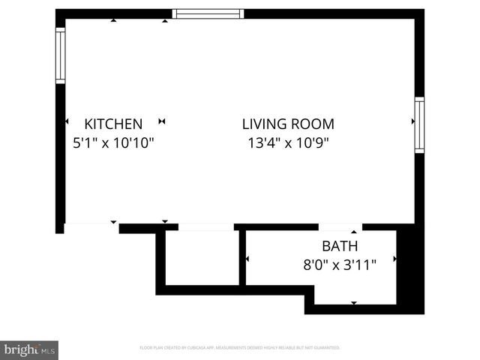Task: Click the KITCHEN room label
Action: click(x=113, y=124)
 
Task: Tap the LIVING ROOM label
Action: click(x=288, y=124)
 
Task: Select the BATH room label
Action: click(x=340, y=245)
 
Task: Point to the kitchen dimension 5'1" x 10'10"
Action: click(x=113, y=142)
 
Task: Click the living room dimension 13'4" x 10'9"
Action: click(x=288, y=142)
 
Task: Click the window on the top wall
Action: click(x=208, y=13)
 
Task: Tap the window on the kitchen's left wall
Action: click(x=60, y=54)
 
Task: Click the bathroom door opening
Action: click(x=340, y=226)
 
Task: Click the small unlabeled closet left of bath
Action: click(x=201, y=257)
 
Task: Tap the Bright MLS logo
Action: click(x=29, y=349)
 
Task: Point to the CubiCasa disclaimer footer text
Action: click(x=240, y=348)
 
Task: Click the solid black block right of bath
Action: click(x=409, y=270)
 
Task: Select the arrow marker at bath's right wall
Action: click(x=394, y=259)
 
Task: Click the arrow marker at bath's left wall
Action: click(x=247, y=259)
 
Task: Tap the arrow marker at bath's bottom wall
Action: click(x=355, y=303)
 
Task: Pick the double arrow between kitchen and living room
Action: click(x=162, y=121)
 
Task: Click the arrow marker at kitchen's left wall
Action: click(x=67, y=121)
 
